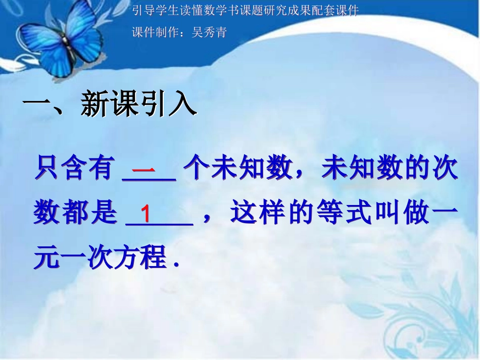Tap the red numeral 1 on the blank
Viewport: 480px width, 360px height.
click(146, 214)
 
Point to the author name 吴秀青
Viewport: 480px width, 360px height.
click(210, 33)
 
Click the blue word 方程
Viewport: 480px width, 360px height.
click(145, 258)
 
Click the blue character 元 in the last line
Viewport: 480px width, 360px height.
click(46, 258)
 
